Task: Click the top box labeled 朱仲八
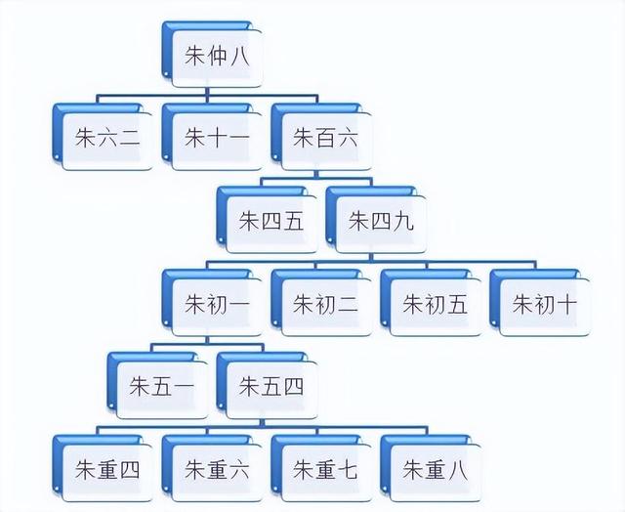coord(217,55)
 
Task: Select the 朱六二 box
coord(107,138)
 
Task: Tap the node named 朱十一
coord(217,138)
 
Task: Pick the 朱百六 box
coord(326,138)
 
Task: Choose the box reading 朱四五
coord(271,221)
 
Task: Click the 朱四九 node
coord(381,221)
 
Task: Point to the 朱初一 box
coord(217,304)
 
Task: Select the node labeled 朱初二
coord(326,304)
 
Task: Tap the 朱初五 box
coord(436,304)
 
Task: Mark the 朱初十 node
coord(545,304)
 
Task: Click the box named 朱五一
coord(162,387)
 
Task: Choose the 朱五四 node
coord(271,387)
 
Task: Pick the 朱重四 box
coord(107,470)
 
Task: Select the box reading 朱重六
coord(217,470)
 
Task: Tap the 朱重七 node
coord(326,470)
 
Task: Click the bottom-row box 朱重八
coord(436,470)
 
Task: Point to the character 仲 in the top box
coord(217,55)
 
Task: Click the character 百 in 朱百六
coord(326,138)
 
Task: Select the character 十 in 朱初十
coord(566,304)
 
